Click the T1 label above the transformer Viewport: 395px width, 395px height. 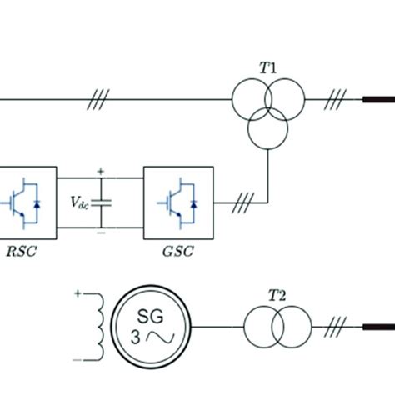tap(268, 68)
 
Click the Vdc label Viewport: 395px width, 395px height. tap(82, 202)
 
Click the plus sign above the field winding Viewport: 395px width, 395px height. tap(79, 293)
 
